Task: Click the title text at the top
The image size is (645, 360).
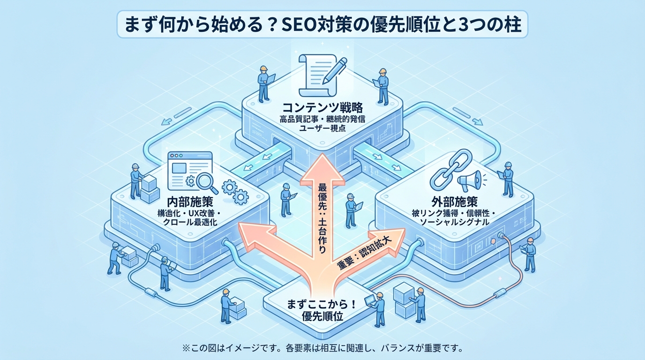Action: (x=322, y=24)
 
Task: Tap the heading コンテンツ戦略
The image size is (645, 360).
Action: (x=322, y=107)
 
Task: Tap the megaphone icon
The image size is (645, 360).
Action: (x=471, y=179)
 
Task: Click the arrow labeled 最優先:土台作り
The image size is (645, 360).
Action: (x=322, y=197)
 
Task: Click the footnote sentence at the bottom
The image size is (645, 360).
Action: (x=322, y=348)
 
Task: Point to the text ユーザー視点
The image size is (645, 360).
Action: (x=322, y=127)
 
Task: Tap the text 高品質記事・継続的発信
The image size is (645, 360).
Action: (x=322, y=118)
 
